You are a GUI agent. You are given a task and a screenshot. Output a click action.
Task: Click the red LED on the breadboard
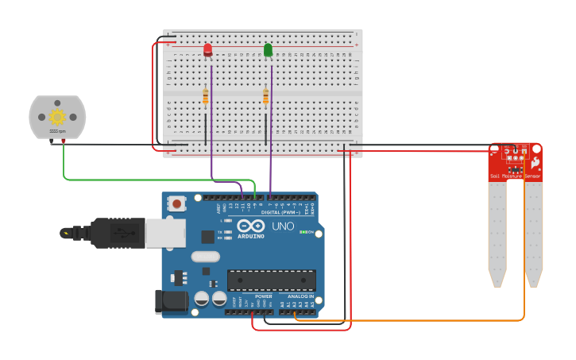[207, 50]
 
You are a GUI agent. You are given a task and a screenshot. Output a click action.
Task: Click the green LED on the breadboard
[268, 50]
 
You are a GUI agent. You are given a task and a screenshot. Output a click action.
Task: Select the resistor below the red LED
[206, 97]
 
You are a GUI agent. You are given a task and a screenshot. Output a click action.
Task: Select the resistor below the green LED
[266, 97]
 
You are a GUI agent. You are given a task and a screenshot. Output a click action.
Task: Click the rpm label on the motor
[57, 131]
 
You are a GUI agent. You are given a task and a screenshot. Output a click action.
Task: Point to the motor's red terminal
[64, 142]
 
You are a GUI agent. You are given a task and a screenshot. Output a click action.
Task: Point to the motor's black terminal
[52, 142]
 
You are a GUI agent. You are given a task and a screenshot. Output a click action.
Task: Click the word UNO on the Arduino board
[284, 227]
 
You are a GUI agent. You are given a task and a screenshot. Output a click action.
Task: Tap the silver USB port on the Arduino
[165, 234]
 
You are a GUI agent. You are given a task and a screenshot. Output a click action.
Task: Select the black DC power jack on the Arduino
[172, 301]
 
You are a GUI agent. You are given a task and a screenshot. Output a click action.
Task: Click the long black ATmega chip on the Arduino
[271, 280]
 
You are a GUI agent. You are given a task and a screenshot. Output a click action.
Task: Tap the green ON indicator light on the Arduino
[303, 232]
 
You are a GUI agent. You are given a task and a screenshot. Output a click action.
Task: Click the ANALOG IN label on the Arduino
[300, 296]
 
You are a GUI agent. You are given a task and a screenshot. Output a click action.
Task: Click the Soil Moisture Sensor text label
[515, 176]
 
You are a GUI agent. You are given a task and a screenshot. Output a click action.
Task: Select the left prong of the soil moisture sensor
[497, 230]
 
